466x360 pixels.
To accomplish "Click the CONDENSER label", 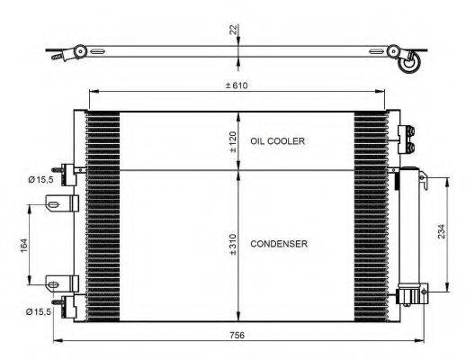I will pos(280,244).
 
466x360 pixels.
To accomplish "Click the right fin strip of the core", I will pos(371,216).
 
